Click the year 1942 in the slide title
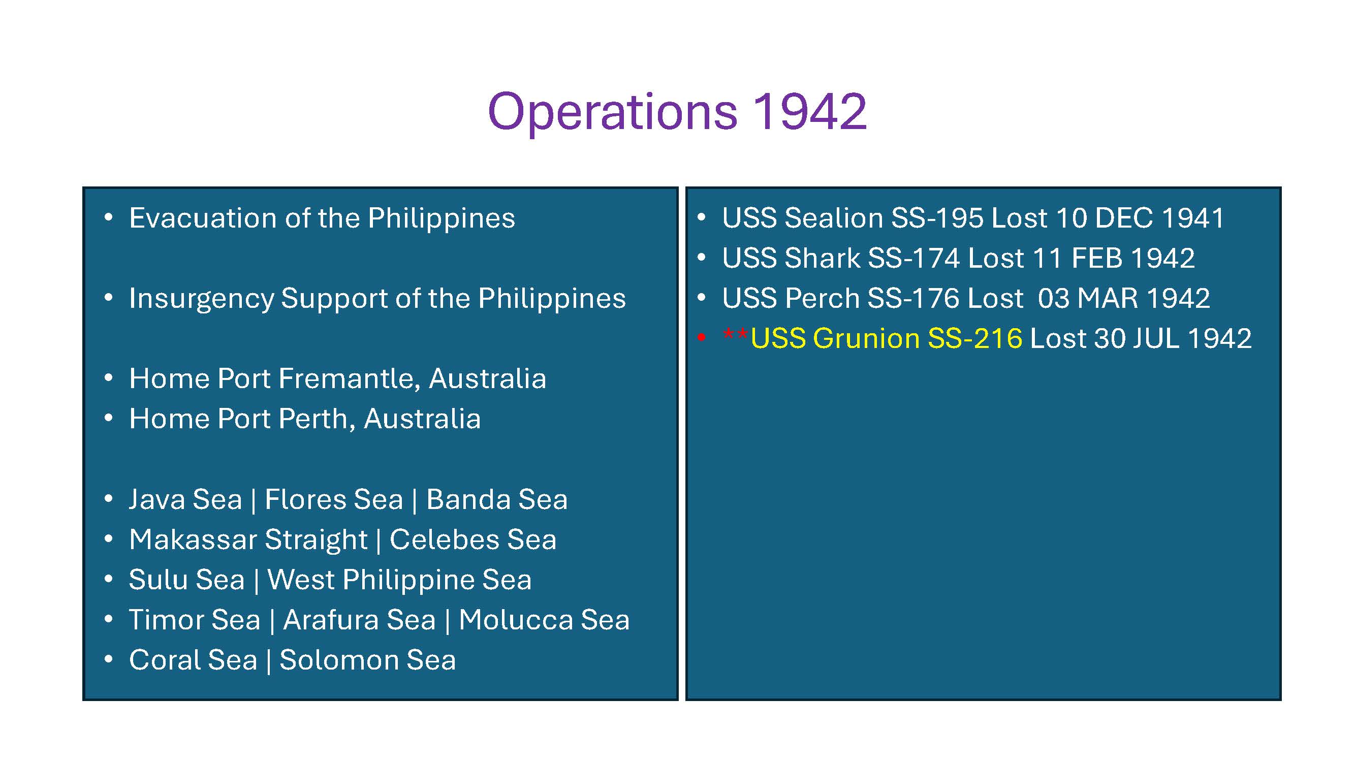[809, 112]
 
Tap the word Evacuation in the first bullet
[203, 218]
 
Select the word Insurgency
[202, 299]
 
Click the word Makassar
[195, 540]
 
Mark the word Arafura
[359, 620]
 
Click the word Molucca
[515, 620]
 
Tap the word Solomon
[338, 660]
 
